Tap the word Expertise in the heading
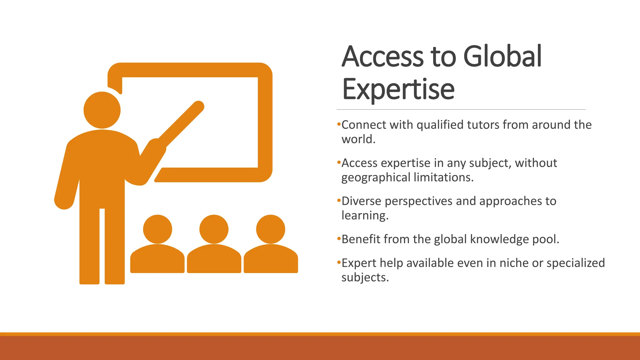click(398, 89)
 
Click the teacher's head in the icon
click(102, 110)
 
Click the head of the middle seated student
click(214, 229)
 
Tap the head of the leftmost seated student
click(157, 229)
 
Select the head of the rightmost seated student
click(271, 229)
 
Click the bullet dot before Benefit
click(339, 239)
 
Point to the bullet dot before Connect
click(339, 124)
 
